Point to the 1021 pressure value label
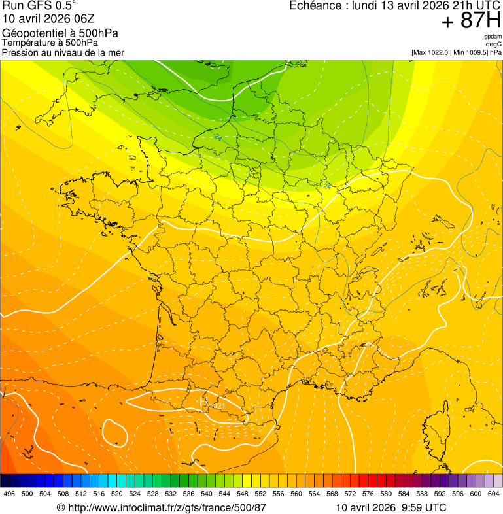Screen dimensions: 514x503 [x=217, y=406]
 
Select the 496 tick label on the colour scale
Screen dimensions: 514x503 [x=9, y=494]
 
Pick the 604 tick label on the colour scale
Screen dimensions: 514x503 [x=494, y=494]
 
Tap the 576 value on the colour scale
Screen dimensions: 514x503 [x=368, y=494]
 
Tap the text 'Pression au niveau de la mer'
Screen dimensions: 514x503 [x=63, y=52]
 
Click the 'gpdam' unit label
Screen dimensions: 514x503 [x=493, y=37]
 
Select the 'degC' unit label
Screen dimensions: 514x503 [x=494, y=44]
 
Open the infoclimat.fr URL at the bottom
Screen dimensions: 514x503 [x=166, y=507]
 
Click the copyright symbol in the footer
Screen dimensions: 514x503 [x=61, y=507]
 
